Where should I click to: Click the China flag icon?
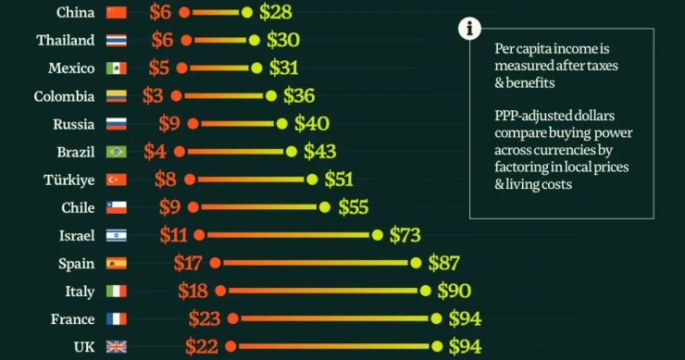[x=116, y=12]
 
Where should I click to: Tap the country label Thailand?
[x=65, y=40]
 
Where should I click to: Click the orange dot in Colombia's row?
[x=175, y=95]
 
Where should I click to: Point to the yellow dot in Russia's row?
[x=281, y=123]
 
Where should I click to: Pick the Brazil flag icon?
[x=116, y=152]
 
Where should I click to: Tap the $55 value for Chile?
[x=355, y=207]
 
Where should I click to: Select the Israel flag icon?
[x=116, y=235]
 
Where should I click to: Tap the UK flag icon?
[x=116, y=347]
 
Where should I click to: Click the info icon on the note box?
[x=469, y=28]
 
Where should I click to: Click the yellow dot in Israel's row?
[x=377, y=235]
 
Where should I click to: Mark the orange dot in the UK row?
[x=231, y=347]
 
